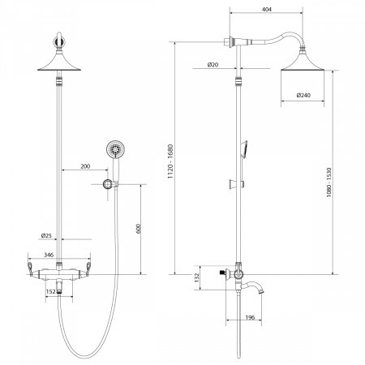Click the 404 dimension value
[x=267, y=9]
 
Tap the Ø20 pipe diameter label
[x=213, y=65]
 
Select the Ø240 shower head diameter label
[x=303, y=95]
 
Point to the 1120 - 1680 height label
[x=170, y=161]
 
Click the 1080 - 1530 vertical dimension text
[x=328, y=182]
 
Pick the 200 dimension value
[x=85, y=166]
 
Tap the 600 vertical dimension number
[x=139, y=229]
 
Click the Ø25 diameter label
[x=46, y=236]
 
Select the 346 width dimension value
[x=49, y=255]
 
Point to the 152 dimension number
[x=51, y=291]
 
